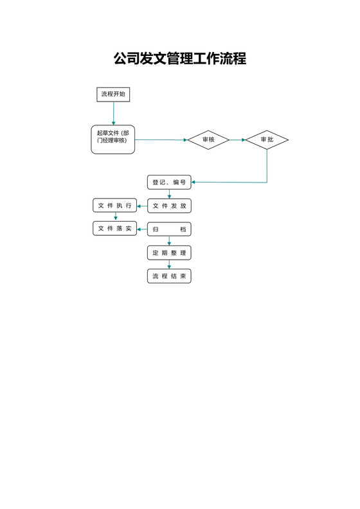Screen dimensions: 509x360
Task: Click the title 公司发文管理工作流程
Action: [180, 59]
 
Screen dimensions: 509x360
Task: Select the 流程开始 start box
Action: [113, 94]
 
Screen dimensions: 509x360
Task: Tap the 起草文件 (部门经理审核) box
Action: [113, 139]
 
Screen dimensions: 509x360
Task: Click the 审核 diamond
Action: [208, 139]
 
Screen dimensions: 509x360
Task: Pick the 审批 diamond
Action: [267, 139]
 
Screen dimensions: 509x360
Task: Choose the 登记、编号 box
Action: [169, 183]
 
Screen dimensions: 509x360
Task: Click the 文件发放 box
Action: [169, 206]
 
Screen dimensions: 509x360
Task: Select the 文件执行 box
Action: [115, 206]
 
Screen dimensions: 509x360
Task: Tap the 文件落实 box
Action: [115, 228]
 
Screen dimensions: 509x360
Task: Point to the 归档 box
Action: [169, 229]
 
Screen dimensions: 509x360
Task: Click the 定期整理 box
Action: [169, 253]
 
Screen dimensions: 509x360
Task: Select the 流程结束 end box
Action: [169, 276]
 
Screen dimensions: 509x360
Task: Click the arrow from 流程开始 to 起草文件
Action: [113, 114]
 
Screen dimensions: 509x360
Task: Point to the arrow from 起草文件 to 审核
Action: [161, 139]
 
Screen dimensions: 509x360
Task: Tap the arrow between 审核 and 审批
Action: [237, 139]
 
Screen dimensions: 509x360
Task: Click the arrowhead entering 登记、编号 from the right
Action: [194, 183]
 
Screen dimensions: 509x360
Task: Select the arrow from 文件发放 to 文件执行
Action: [142, 206]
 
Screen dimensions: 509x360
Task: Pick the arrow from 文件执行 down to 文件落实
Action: [116, 217]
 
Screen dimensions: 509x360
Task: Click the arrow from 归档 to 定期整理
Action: [169, 241]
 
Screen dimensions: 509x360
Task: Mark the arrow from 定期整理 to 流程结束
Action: [169, 265]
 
